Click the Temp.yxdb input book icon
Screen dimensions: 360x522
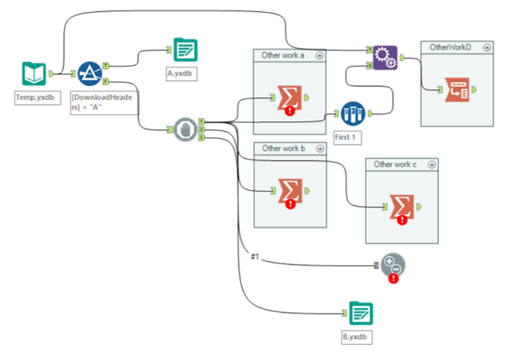(x=34, y=74)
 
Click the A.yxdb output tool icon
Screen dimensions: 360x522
(x=186, y=50)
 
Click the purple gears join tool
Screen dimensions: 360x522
(x=386, y=57)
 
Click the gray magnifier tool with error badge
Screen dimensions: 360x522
(x=392, y=267)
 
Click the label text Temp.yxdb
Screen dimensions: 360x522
(x=34, y=97)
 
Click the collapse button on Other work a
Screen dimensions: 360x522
(x=320, y=55)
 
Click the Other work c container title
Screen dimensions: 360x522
(x=395, y=164)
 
